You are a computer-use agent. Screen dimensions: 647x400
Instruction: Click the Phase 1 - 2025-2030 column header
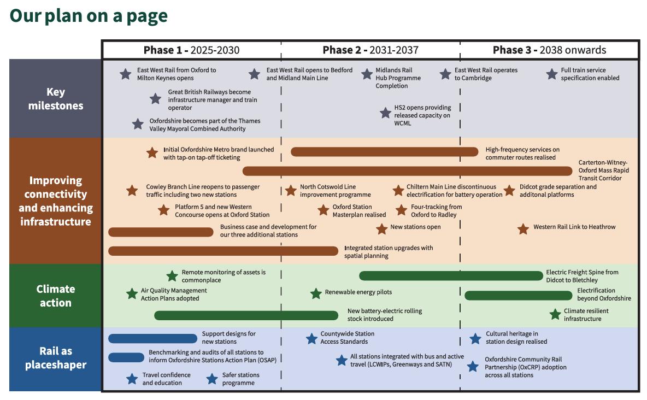click(191, 50)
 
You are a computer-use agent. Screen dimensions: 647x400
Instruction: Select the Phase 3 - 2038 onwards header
click(549, 50)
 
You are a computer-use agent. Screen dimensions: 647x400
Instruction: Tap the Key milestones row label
click(56, 99)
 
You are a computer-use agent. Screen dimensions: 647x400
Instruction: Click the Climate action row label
click(56, 296)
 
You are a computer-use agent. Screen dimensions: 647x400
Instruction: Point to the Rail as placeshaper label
click(56, 358)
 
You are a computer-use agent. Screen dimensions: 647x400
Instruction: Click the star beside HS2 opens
click(386, 113)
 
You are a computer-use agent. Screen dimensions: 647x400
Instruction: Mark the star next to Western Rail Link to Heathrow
click(523, 229)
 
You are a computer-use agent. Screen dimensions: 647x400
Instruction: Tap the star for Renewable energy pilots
click(316, 293)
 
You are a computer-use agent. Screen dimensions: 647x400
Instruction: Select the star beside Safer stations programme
click(212, 379)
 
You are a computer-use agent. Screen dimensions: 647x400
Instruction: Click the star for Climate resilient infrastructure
click(555, 314)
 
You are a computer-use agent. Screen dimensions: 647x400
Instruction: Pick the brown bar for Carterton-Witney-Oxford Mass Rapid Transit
click(410, 171)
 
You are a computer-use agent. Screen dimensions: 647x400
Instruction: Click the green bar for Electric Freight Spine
click(451, 275)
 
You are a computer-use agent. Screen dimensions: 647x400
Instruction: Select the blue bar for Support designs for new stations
click(152, 339)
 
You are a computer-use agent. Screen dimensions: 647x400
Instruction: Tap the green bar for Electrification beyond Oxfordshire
click(518, 296)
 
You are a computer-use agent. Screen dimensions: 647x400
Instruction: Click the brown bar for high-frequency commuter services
click(385, 151)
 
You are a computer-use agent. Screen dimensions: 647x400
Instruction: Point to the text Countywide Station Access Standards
click(348, 338)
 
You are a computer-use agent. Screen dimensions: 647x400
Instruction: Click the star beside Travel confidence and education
click(132, 379)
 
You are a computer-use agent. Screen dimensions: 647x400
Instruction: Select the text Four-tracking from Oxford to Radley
click(436, 210)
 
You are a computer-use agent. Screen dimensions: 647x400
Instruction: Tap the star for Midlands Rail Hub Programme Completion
click(367, 74)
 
